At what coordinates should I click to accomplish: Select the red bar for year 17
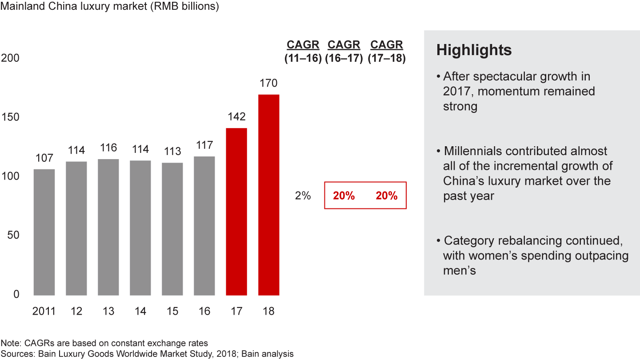point(236,212)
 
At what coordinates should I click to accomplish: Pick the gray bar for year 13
point(108,227)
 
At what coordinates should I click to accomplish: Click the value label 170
point(268,83)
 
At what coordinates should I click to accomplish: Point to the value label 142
point(236,116)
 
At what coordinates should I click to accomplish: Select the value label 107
point(44,158)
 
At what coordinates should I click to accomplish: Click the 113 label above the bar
point(172,151)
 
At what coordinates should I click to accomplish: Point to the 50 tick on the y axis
point(13,235)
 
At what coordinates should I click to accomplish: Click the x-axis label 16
point(204,311)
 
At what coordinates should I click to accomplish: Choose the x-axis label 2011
point(44,311)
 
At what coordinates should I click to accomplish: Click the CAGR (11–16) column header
point(303,52)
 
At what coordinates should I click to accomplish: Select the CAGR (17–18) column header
point(387,52)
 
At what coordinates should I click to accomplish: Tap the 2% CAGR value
point(303,196)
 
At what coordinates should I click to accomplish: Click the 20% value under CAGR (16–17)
point(344,196)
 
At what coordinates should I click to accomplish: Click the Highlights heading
point(474,50)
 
